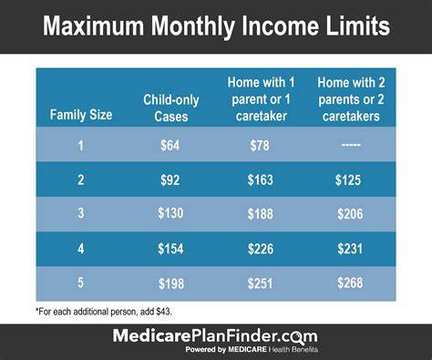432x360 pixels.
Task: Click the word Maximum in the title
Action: pyautogui.click(x=94, y=26)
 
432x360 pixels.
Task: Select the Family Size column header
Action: pyautogui.click(x=81, y=115)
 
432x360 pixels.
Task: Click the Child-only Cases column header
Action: pyautogui.click(x=171, y=108)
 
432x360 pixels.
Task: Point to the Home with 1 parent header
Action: pyautogui.click(x=262, y=99)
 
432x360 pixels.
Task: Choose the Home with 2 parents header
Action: pyautogui.click(x=351, y=99)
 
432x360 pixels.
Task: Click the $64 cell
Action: pyautogui.click(x=170, y=145)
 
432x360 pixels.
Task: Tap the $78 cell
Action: pyautogui.click(x=260, y=146)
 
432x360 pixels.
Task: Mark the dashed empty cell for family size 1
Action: pyautogui.click(x=351, y=145)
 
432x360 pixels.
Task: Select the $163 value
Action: pyautogui.click(x=261, y=180)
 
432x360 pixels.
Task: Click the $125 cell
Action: pyautogui.click(x=348, y=180)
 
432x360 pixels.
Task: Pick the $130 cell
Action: pyautogui.click(x=170, y=213)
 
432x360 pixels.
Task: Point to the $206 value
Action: pyautogui.click(x=350, y=214)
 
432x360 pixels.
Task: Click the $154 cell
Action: pyautogui.click(x=170, y=249)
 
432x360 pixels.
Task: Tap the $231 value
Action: pyautogui.click(x=350, y=249)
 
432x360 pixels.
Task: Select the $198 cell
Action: pyautogui.click(x=171, y=284)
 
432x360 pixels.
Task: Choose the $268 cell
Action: pyautogui.click(x=350, y=283)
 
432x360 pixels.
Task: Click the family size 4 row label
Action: pyautogui.click(x=81, y=249)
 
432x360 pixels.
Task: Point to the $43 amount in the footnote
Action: pyautogui.click(x=164, y=312)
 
